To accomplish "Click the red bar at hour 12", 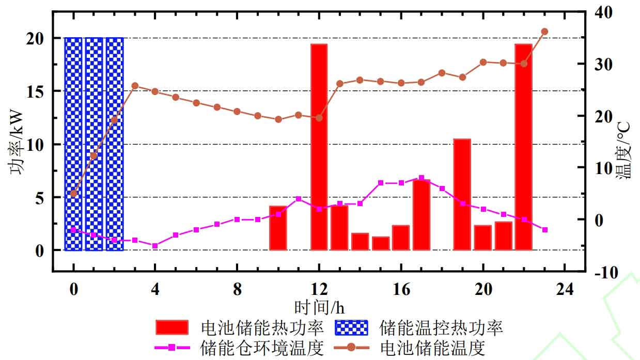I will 319,147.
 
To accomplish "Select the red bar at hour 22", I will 523,147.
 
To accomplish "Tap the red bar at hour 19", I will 462,195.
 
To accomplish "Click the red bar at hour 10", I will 278,228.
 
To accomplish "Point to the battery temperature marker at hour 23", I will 544,32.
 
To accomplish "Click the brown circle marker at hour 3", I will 135,86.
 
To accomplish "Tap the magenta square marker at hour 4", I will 155,245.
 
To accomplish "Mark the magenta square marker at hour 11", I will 299,198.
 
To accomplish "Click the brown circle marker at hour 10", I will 278,119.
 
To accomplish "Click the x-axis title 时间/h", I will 319,308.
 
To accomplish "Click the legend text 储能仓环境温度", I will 261,348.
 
